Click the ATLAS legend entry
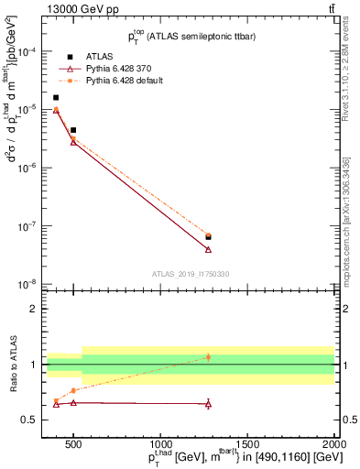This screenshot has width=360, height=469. (x=95, y=57)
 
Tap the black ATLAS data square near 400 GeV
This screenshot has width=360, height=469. (x=56, y=97)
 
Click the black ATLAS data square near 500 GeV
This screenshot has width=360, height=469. (x=73, y=130)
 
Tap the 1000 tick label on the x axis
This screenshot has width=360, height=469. (x=160, y=434)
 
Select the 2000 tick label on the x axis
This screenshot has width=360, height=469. (x=334, y=434)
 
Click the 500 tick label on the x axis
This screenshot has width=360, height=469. (x=73, y=434)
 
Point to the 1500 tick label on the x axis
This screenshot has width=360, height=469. (x=247, y=434)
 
